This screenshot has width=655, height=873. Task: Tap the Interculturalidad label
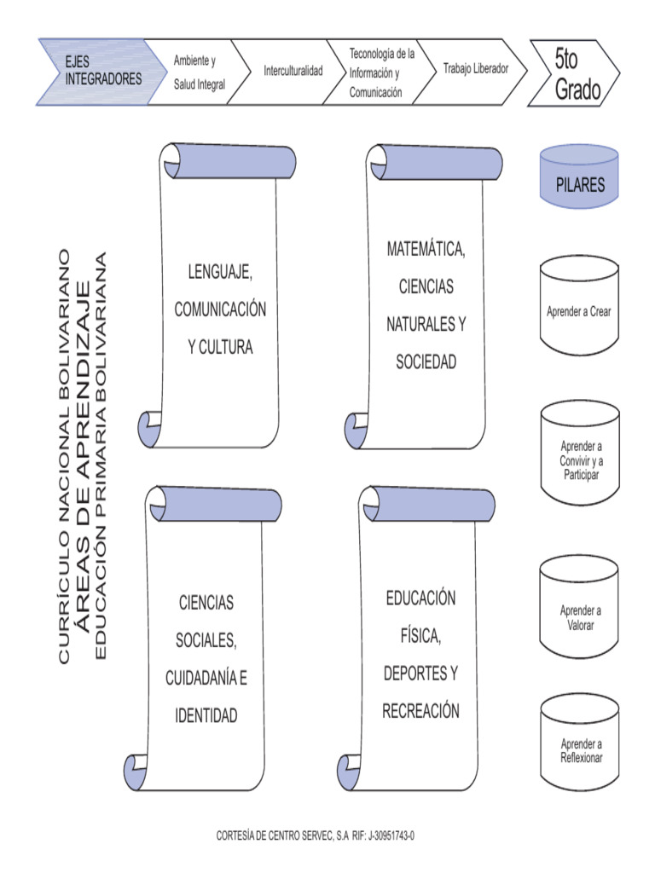pos(293,71)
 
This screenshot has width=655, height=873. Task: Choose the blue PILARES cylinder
pos(580,177)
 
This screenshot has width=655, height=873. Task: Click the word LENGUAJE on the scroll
pos(220,273)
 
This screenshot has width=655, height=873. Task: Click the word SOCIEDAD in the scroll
pos(426,362)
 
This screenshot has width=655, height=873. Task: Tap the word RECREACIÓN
pos(420,711)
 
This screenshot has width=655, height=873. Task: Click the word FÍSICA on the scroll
pos(420,636)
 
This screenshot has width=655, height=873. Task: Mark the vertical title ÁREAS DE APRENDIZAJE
pos(83,460)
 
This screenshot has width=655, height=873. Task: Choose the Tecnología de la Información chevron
pos(380,73)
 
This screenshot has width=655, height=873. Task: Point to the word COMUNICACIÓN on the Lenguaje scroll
pos(220,310)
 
